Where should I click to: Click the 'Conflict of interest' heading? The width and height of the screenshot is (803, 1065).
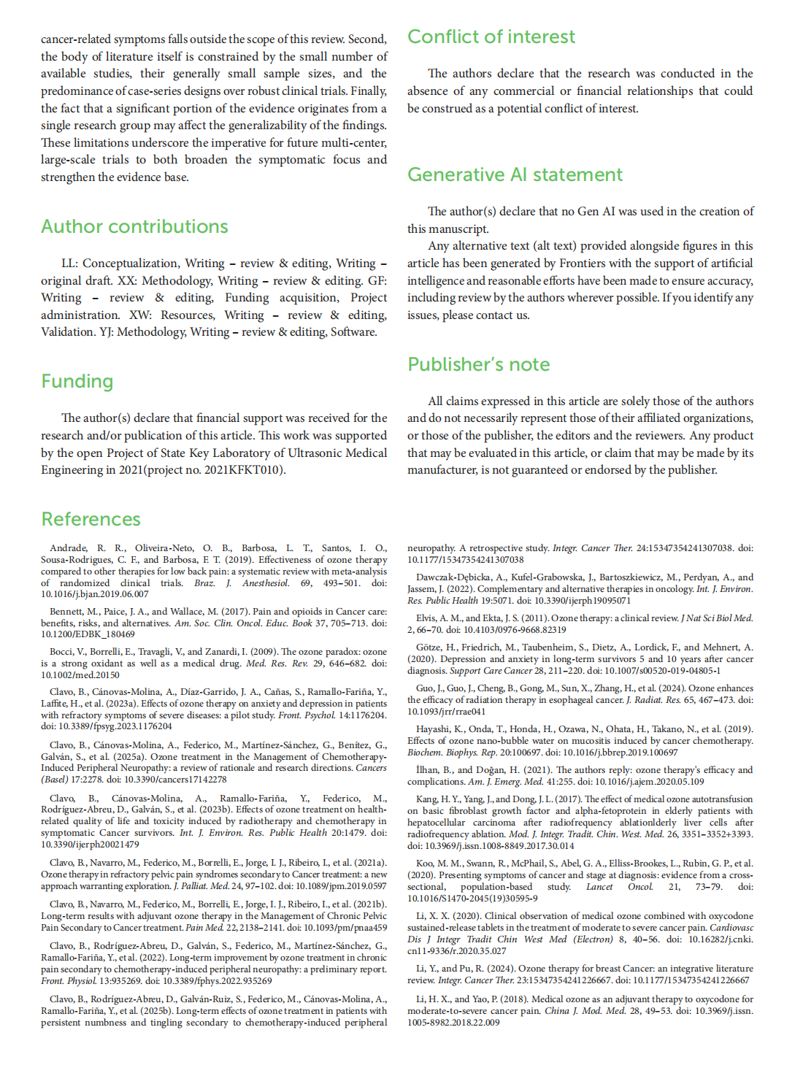pos(491,36)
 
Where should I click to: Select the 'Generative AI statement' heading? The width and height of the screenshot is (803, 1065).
pos(515,174)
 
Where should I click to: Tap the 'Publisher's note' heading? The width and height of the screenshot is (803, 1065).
pos(478,364)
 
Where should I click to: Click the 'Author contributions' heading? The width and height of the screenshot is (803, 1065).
pos(134,226)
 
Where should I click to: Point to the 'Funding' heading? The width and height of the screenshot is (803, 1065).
pos(77,381)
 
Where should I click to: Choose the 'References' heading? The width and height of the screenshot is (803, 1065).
pos(91,519)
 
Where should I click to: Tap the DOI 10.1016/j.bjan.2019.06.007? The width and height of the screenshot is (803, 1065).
pos(94,594)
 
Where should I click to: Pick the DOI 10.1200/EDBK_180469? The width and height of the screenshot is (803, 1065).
pos(88,634)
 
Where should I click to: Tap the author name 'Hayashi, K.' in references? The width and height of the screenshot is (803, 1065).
pos(440,728)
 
